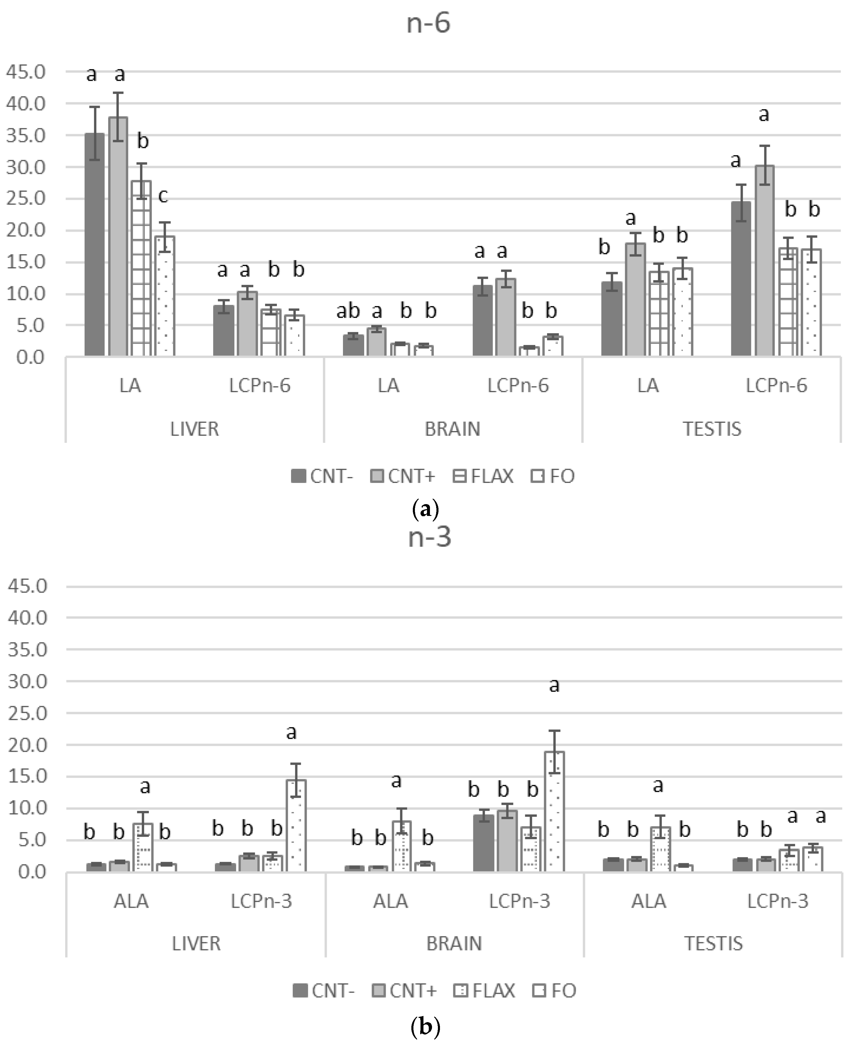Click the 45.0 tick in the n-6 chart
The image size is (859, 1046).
point(26,72)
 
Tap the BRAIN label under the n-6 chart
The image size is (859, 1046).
point(452,429)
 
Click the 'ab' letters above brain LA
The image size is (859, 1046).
point(348,311)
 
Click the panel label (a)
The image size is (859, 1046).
point(425,509)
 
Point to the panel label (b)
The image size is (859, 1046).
point(425,1027)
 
